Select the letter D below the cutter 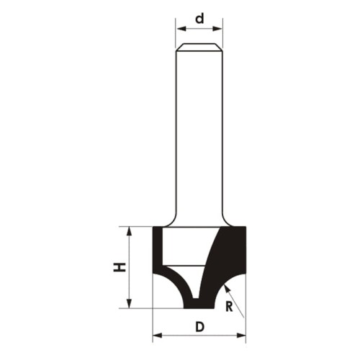tap(199, 326)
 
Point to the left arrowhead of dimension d tap(179, 30)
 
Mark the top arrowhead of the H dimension tap(130, 230)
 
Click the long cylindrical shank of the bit tap(199, 130)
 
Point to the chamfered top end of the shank tap(199, 48)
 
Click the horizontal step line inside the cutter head tap(185, 266)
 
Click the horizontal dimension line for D tap(180, 335)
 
